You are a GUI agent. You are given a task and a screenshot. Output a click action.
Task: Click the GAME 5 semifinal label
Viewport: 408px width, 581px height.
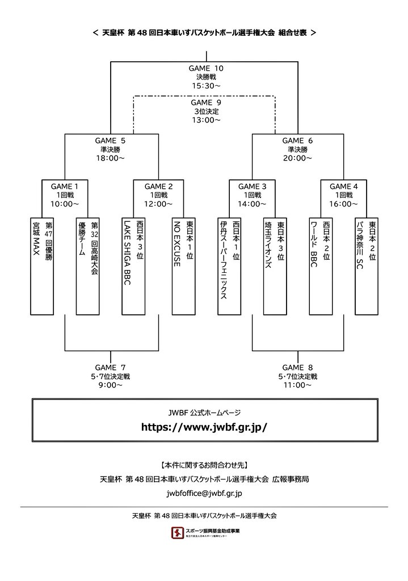point(111,141)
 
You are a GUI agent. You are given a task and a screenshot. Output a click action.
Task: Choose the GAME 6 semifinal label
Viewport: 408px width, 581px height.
point(297,141)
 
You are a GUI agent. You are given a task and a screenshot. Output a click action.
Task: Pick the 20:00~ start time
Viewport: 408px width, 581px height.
point(297,158)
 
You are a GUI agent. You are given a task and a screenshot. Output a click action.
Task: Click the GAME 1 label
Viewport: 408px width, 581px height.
point(65,186)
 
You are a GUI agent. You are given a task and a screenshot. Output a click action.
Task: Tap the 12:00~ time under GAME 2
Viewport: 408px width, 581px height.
point(157,204)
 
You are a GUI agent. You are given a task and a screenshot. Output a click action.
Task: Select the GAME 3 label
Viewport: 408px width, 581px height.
point(252,186)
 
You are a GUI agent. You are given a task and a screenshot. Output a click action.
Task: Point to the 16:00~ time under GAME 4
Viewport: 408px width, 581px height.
point(343,204)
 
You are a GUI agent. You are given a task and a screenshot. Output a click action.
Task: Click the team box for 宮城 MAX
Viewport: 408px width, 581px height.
point(42,265)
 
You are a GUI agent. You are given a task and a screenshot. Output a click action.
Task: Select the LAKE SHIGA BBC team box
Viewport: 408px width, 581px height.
point(134,265)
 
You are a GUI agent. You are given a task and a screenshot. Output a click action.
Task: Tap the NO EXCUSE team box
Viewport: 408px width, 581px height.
point(180,265)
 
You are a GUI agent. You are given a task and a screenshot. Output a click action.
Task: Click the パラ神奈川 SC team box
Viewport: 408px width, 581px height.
point(366,265)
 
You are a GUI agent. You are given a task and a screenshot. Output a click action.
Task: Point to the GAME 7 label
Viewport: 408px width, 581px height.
point(111,367)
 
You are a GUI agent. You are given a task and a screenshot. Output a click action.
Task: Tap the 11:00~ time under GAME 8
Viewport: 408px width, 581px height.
point(297,385)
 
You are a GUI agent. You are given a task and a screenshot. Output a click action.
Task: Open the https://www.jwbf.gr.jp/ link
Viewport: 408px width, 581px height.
point(204,427)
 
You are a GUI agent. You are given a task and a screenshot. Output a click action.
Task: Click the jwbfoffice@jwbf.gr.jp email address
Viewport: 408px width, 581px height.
point(204,494)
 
